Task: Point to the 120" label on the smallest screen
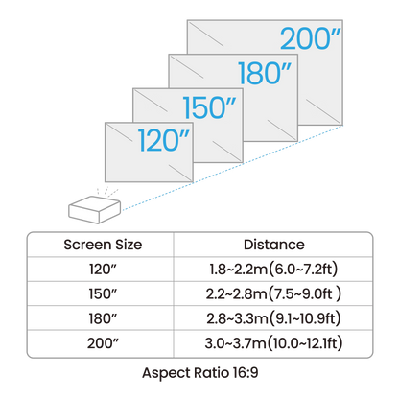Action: click(x=164, y=140)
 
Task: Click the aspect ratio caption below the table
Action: click(x=199, y=367)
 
